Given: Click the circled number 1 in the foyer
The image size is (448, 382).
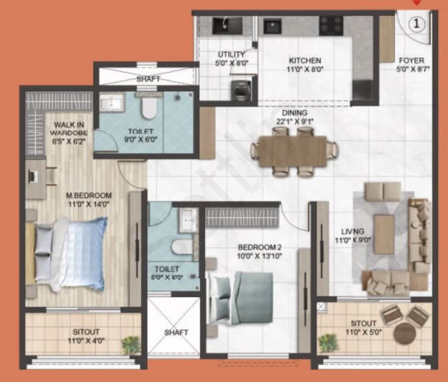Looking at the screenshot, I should click(417, 24).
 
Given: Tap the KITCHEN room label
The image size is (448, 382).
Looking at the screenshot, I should click(305, 61).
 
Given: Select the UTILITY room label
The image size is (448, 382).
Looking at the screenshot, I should click(231, 55).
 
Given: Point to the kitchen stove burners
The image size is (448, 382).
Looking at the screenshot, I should click(331, 26).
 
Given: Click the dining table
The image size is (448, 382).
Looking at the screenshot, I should click(293, 151).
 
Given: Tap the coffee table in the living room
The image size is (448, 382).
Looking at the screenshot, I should click(384, 234).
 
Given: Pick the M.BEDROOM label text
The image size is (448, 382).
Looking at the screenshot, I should click(90, 195).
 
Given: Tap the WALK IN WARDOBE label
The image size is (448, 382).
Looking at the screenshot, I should click(69, 129).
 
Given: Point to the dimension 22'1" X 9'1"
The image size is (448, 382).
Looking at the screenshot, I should click(292, 122).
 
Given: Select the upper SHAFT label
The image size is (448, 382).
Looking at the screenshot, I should click(148, 79).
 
